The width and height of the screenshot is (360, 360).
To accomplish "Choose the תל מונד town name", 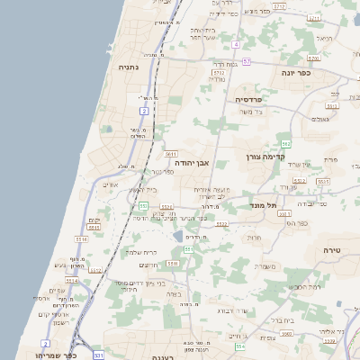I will (x=265, y=205).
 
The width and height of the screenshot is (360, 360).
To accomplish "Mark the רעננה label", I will (x=157, y=356).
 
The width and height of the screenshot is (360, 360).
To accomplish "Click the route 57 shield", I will (x=247, y=61).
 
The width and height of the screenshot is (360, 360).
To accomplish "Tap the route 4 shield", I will (x=236, y=44).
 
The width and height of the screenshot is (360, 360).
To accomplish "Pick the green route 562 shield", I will (x=285, y=144).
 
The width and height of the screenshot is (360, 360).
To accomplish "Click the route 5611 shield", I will (x=171, y=154).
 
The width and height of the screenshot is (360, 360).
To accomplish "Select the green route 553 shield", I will (x=143, y=206).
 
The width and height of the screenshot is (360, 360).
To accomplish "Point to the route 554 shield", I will (x=238, y=346).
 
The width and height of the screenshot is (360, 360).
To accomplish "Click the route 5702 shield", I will (x=278, y=6).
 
